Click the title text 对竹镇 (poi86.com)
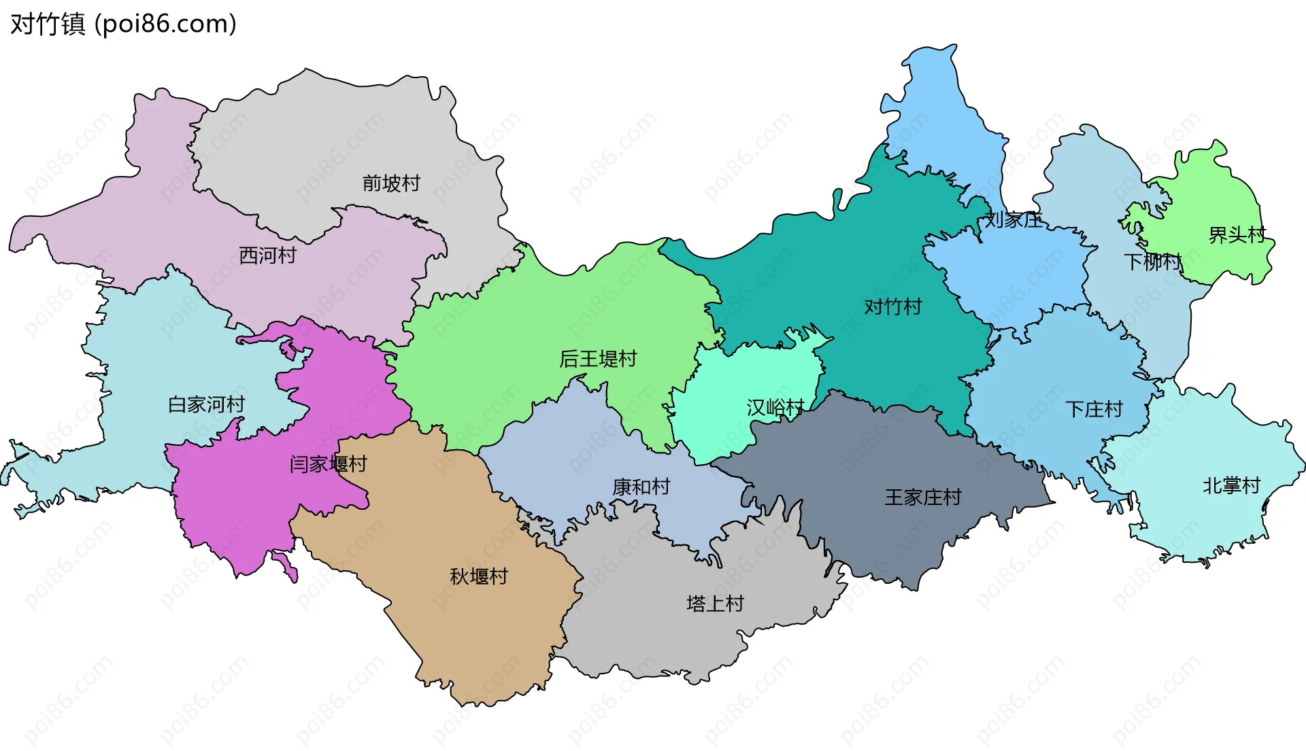[x=123, y=24]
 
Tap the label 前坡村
[x=391, y=183]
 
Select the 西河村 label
[x=268, y=256]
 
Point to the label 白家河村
[x=206, y=404]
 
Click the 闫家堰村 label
[x=328, y=464]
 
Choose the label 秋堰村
[x=479, y=576]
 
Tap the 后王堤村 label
[x=598, y=359]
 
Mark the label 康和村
[x=641, y=487]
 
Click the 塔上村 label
[x=715, y=604]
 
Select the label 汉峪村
[x=775, y=408]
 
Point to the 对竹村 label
[x=892, y=307]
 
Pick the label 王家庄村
[x=922, y=497]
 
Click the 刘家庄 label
[x=1014, y=220]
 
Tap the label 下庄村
[x=1094, y=409]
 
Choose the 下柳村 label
[x=1152, y=262]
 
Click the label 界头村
[x=1237, y=235]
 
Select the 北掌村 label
[x=1231, y=485]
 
